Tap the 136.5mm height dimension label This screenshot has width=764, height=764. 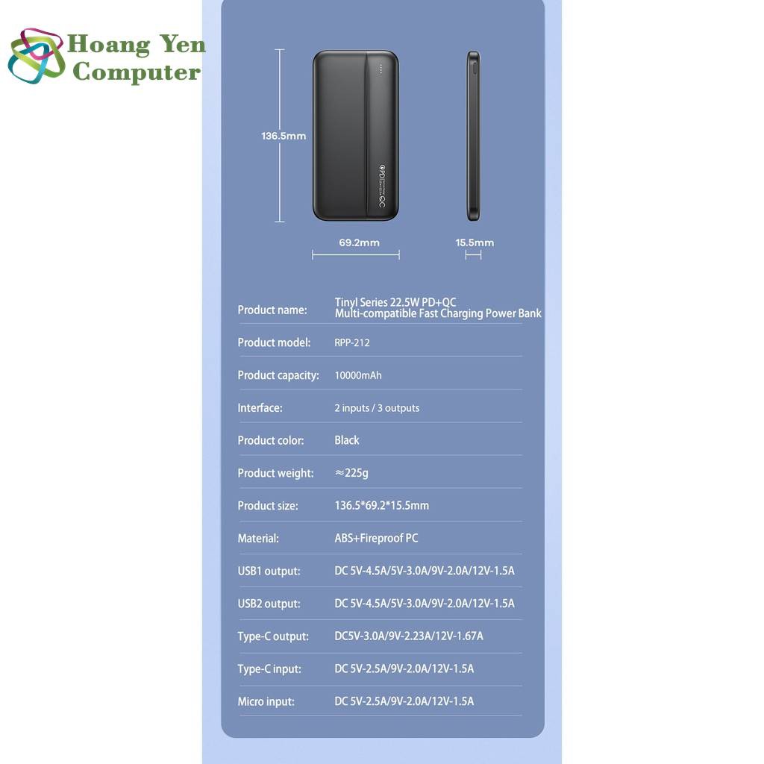pyautogui.click(x=284, y=136)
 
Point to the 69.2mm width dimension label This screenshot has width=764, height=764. pyautogui.click(x=359, y=242)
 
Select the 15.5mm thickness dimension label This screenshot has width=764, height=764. pyautogui.click(x=475, y=242)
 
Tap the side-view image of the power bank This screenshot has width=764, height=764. pyautogui.click(x=473, y=136)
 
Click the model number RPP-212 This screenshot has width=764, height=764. pyautogui.click(x=352, y=342)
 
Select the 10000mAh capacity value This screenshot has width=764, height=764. pyautogui.click(x=358, y=375)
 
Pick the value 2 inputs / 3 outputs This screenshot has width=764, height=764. pyautogui.click(x=377, y=408)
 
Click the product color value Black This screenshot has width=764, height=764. pyautogui.click(x=347, y=440)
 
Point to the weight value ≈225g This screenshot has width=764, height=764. pyautogui.click(x=352, y=473)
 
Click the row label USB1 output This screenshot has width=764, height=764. pyautogui.click(x=269, y=571)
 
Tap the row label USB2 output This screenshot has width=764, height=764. pyautogui.click(x=269, y=604)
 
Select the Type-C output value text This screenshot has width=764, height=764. pyautogui.click(x=409, y=636)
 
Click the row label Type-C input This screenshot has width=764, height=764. pyautogui.click(x=269, y=669)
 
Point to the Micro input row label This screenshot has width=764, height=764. pyautogui.click(x=266, y=701)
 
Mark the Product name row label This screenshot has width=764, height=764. pyautogui.click(x=272, y=310)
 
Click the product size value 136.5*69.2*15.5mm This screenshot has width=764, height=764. pyautogui.click(x=382, y=506)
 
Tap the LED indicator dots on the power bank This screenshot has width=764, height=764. pyautogui.click(x=381, y=68)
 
